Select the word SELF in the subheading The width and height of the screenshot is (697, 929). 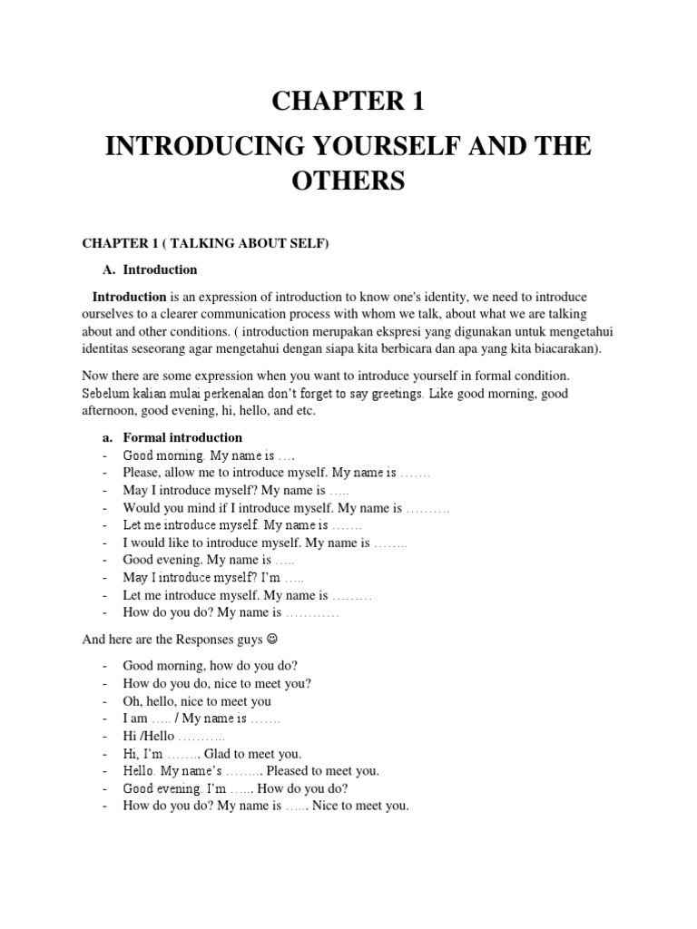307,243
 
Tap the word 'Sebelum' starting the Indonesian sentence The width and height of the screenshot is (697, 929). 104,394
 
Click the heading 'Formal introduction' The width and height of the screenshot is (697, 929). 182,438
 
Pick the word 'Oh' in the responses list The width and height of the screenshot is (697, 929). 133,701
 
